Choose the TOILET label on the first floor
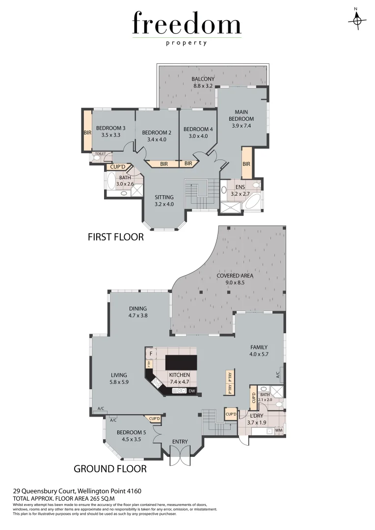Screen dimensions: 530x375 tap(100, 154)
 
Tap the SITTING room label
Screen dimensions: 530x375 tap(164, 197)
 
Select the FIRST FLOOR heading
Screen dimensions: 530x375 tap(115, 237)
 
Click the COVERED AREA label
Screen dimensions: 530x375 tap(235, 275)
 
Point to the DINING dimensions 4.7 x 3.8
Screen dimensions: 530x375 tap(138, 316)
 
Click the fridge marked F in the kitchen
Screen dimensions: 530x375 tap(151, 353)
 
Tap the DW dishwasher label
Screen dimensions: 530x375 tap(191, 391)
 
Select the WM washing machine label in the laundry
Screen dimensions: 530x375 tap(279, 430)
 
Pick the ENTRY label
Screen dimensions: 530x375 tap(180, 442)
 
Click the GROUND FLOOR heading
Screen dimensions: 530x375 tap(110, 469)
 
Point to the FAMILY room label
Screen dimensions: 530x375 tap(259, 347)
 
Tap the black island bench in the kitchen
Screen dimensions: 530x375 tap(181, 362)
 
